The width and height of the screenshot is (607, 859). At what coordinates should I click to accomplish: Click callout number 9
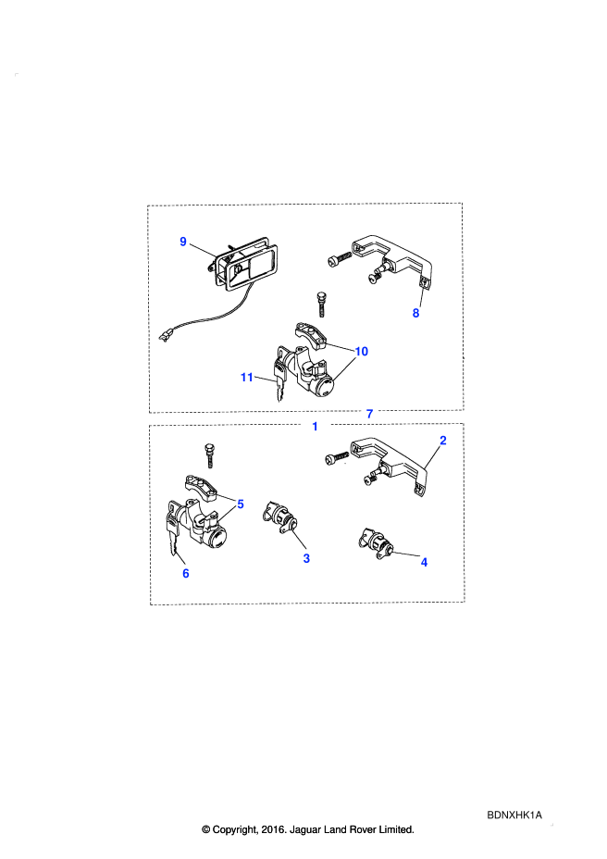tap(183, 242)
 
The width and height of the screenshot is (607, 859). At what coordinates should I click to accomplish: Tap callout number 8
tap(415, 314)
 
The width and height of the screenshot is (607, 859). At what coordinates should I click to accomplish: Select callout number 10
tap(362, 351)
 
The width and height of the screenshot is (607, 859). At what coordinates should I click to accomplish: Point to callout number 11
tap(246, 378)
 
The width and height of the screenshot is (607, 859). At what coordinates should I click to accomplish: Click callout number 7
tap(370, 414)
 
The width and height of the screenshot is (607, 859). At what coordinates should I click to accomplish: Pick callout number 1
tap(315, 426)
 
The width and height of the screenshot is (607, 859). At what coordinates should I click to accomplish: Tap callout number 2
tap(443, 441)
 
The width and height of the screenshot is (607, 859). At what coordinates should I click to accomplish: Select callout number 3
tap(306, 558)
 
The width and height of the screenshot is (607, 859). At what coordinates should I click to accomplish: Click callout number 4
tap(424, 562)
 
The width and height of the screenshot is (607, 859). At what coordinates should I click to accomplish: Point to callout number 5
tap(240, 504)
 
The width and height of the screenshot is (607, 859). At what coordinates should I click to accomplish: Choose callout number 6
tap(186, 574)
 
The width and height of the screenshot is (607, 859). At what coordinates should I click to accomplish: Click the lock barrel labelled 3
tap(280, 517)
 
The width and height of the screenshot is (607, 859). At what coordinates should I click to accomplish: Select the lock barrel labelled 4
tap(376, 543)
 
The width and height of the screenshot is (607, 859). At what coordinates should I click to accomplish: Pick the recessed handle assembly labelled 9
tap(242, 265)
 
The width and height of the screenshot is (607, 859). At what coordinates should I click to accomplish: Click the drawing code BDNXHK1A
tap(514, 815)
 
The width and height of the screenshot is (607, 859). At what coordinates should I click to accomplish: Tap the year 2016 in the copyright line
tap(273, 830)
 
